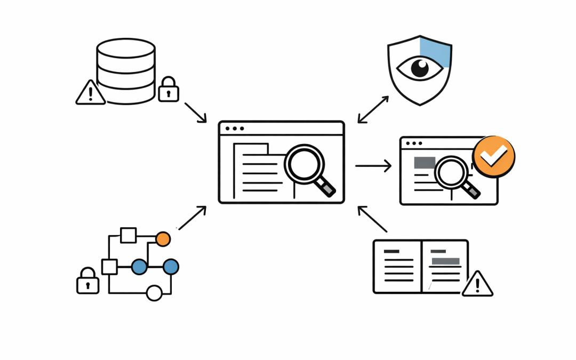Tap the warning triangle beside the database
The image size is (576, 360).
[x=90, y=93]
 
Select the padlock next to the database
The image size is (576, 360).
[x=169, y=89]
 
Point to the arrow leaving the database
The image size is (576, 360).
[x=195, y=112]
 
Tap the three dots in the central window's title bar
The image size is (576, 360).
[x=235, y=129]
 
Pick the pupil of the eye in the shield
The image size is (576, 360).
[x=420, y=69]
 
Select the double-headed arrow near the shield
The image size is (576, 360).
[x=373, y=109]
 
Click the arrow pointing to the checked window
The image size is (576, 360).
[x=373, y=166]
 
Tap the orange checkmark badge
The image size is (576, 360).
[x=493, y=156]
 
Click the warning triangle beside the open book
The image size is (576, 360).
[x=477, y=284]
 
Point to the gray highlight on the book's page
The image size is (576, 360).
[x=445, y=261]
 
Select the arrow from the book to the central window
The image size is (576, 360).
[x=372, y=219]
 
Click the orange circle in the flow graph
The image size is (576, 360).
[x=163, y=239]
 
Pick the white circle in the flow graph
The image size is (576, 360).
[x=154, y=293]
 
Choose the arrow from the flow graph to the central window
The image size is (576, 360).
[x=193, y=218]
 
